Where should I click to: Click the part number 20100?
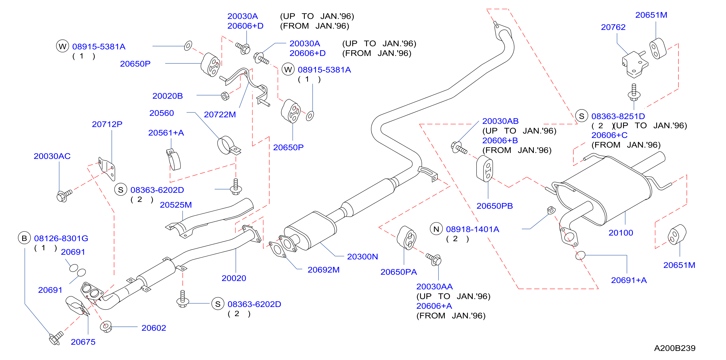[621, 233]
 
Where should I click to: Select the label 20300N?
[363, 257]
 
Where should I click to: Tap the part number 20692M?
[323, 270]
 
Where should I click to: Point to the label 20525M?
[176, 205]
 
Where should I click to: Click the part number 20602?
[154, 328]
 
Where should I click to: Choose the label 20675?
[83, 342]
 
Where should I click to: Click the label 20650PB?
[495, 206]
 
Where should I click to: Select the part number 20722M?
[220, 115]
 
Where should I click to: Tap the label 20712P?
[107, 124]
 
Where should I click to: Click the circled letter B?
[25, 238]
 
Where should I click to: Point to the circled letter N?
[436, 229]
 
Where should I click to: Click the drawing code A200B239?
[675, 348]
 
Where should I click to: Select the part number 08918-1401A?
[473, 229]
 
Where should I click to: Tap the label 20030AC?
[52, 156]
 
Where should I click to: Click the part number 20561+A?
[166, 133]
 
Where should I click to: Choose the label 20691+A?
[629, 280]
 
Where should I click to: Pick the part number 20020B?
[168, 96]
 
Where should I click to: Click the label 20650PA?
[398, 272]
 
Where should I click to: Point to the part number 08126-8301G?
[61, 238]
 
